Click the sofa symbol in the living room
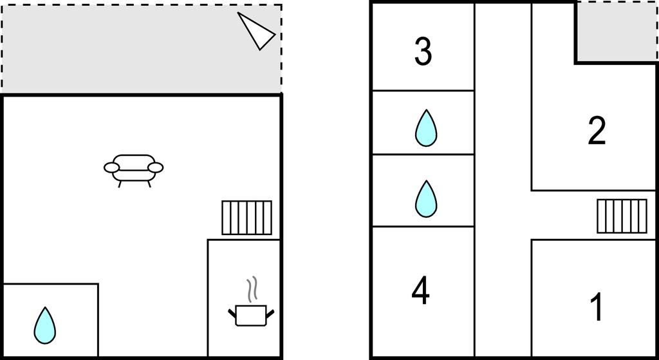click(x=134, y=169)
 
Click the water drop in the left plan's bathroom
click(x=44, y=325)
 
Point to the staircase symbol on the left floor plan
click(x=246, y=218)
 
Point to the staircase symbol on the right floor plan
click(x=621, y=216)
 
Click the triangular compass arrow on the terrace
click(x=257, y=30)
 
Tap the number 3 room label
click(x=423, y=52)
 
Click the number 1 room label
click(x=597, y=308)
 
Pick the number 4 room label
click(x=420, y=291)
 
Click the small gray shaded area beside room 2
click(x=615, y=32)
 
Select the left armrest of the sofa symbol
click(x=112, y=169)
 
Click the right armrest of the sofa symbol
click(x=156, y=168)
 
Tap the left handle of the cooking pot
click(x=232, y=313)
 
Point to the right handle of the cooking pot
click(x=271, y=313)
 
